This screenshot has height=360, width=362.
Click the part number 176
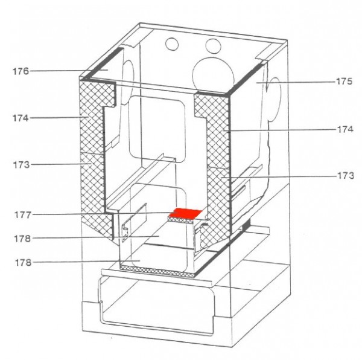coord(21,71)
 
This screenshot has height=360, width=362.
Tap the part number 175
coord(344,82)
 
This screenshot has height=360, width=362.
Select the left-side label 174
coord(21,118)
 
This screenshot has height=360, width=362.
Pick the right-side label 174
coord(345,129)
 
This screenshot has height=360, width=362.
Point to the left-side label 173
coord(21,165)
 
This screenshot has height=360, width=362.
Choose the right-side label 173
coord(346,176)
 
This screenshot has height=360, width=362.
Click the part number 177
coord(23,215)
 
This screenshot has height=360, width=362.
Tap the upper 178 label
coord(22,239)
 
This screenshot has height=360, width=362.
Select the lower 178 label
coord(23,263)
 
